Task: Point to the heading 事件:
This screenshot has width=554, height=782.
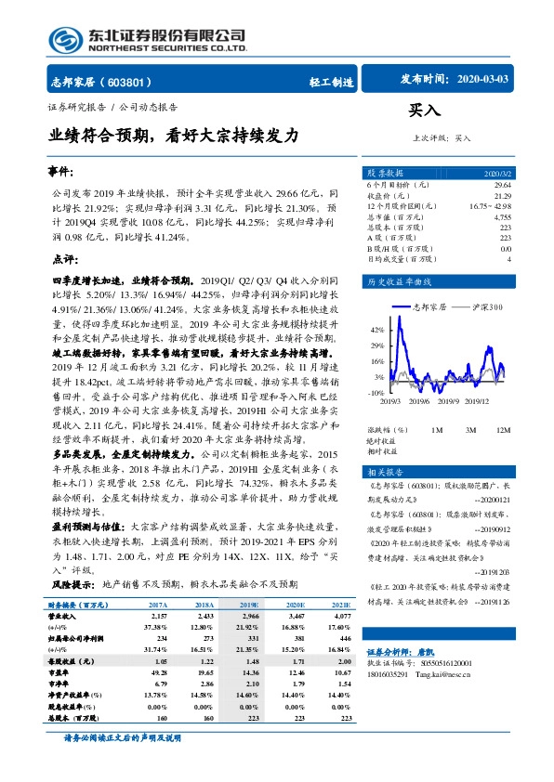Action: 61,173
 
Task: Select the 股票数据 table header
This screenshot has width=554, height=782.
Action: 385,174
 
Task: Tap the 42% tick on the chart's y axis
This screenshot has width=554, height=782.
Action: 376,330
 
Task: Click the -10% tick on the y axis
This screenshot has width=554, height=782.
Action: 375,393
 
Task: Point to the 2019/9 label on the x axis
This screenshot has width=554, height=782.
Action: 451,402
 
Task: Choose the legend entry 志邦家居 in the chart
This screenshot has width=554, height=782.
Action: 426,306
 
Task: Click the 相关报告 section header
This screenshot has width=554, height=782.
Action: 384,472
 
